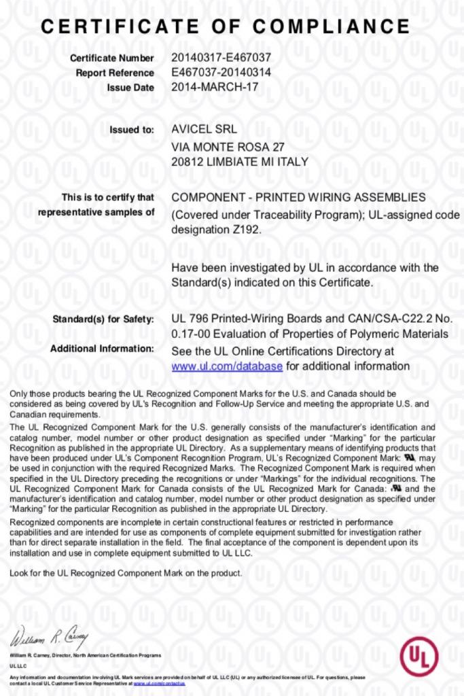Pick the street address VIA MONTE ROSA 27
pyautogui.click(x=228, y=147)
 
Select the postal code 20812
pyautogui.click(x=187, y=162)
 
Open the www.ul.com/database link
pyautogui.click(x=227, y=366)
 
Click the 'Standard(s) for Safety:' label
pyautogui.click(x=103, y=319)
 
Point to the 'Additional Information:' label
pyautogui.click(x=103, y=349)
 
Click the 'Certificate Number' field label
pyautogui.click(x=111, y=58)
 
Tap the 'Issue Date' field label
pyautogui.click(x=130, y=88)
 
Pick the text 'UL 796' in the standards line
pyautogui.click(x=188, y=318)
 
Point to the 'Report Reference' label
pyautogui.click(x=115, y=73)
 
